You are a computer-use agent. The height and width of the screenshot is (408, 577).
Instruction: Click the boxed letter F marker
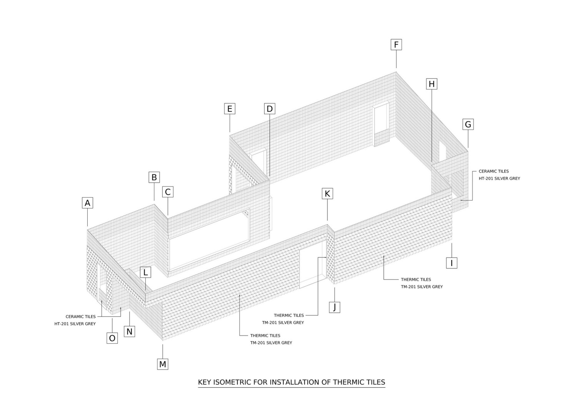click(x=396, y=45)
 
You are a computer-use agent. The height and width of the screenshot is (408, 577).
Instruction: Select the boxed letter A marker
click(x=87, y=203)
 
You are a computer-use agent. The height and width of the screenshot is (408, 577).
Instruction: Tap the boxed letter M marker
click(x=163, y=364)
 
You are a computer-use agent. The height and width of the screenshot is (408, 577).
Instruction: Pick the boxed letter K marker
click(x=327, y=194)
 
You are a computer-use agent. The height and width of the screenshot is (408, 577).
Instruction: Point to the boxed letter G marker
click(x=468, y=125)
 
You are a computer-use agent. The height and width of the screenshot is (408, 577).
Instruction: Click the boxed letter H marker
click(x=432, y=84)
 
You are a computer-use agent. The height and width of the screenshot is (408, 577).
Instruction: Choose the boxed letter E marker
click(x=230, y=109)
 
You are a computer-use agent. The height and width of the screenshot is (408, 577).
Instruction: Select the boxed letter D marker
click(x=270, y=109)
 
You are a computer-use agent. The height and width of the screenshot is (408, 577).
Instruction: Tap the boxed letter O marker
click(x=112, y=338)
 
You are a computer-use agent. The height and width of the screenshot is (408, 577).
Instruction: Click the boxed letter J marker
click(x=335, y=307)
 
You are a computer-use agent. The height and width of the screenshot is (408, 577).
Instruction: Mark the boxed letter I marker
click(x=452, y=263)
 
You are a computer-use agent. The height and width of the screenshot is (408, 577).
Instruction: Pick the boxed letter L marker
click(x=145, y=273)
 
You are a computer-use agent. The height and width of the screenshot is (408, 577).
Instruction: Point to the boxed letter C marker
click(x=168, y=192)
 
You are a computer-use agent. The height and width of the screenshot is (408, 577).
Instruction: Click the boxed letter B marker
click(x=154, y=177)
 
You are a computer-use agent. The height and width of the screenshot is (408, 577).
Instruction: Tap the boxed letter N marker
click(x=129, y=331)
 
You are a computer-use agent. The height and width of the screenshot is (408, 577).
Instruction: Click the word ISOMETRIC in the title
click(x=231, y=382)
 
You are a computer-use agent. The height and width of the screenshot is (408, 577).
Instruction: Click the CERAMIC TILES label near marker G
click(x=494, y=171)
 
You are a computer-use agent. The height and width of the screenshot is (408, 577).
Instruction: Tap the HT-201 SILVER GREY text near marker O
click(x=75, y=324)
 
